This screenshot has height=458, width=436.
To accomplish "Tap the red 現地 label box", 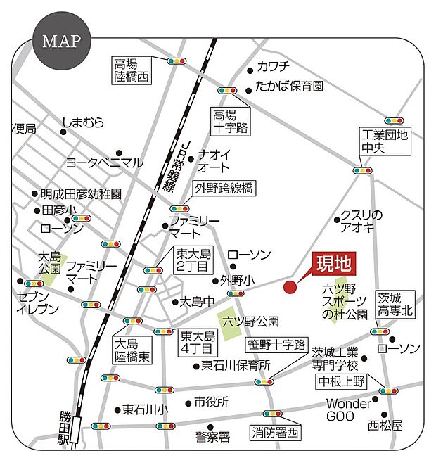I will point(333,264).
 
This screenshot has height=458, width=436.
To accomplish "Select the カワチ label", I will point(274,68).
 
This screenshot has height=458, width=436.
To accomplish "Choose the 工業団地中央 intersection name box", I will point(384,141).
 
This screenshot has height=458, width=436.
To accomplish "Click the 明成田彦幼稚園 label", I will point(82,193).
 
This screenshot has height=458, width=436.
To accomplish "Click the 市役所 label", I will point(212,403).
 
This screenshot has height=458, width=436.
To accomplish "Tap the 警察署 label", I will point(213,437).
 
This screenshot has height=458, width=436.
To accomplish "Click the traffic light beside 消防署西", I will point(273,413).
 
